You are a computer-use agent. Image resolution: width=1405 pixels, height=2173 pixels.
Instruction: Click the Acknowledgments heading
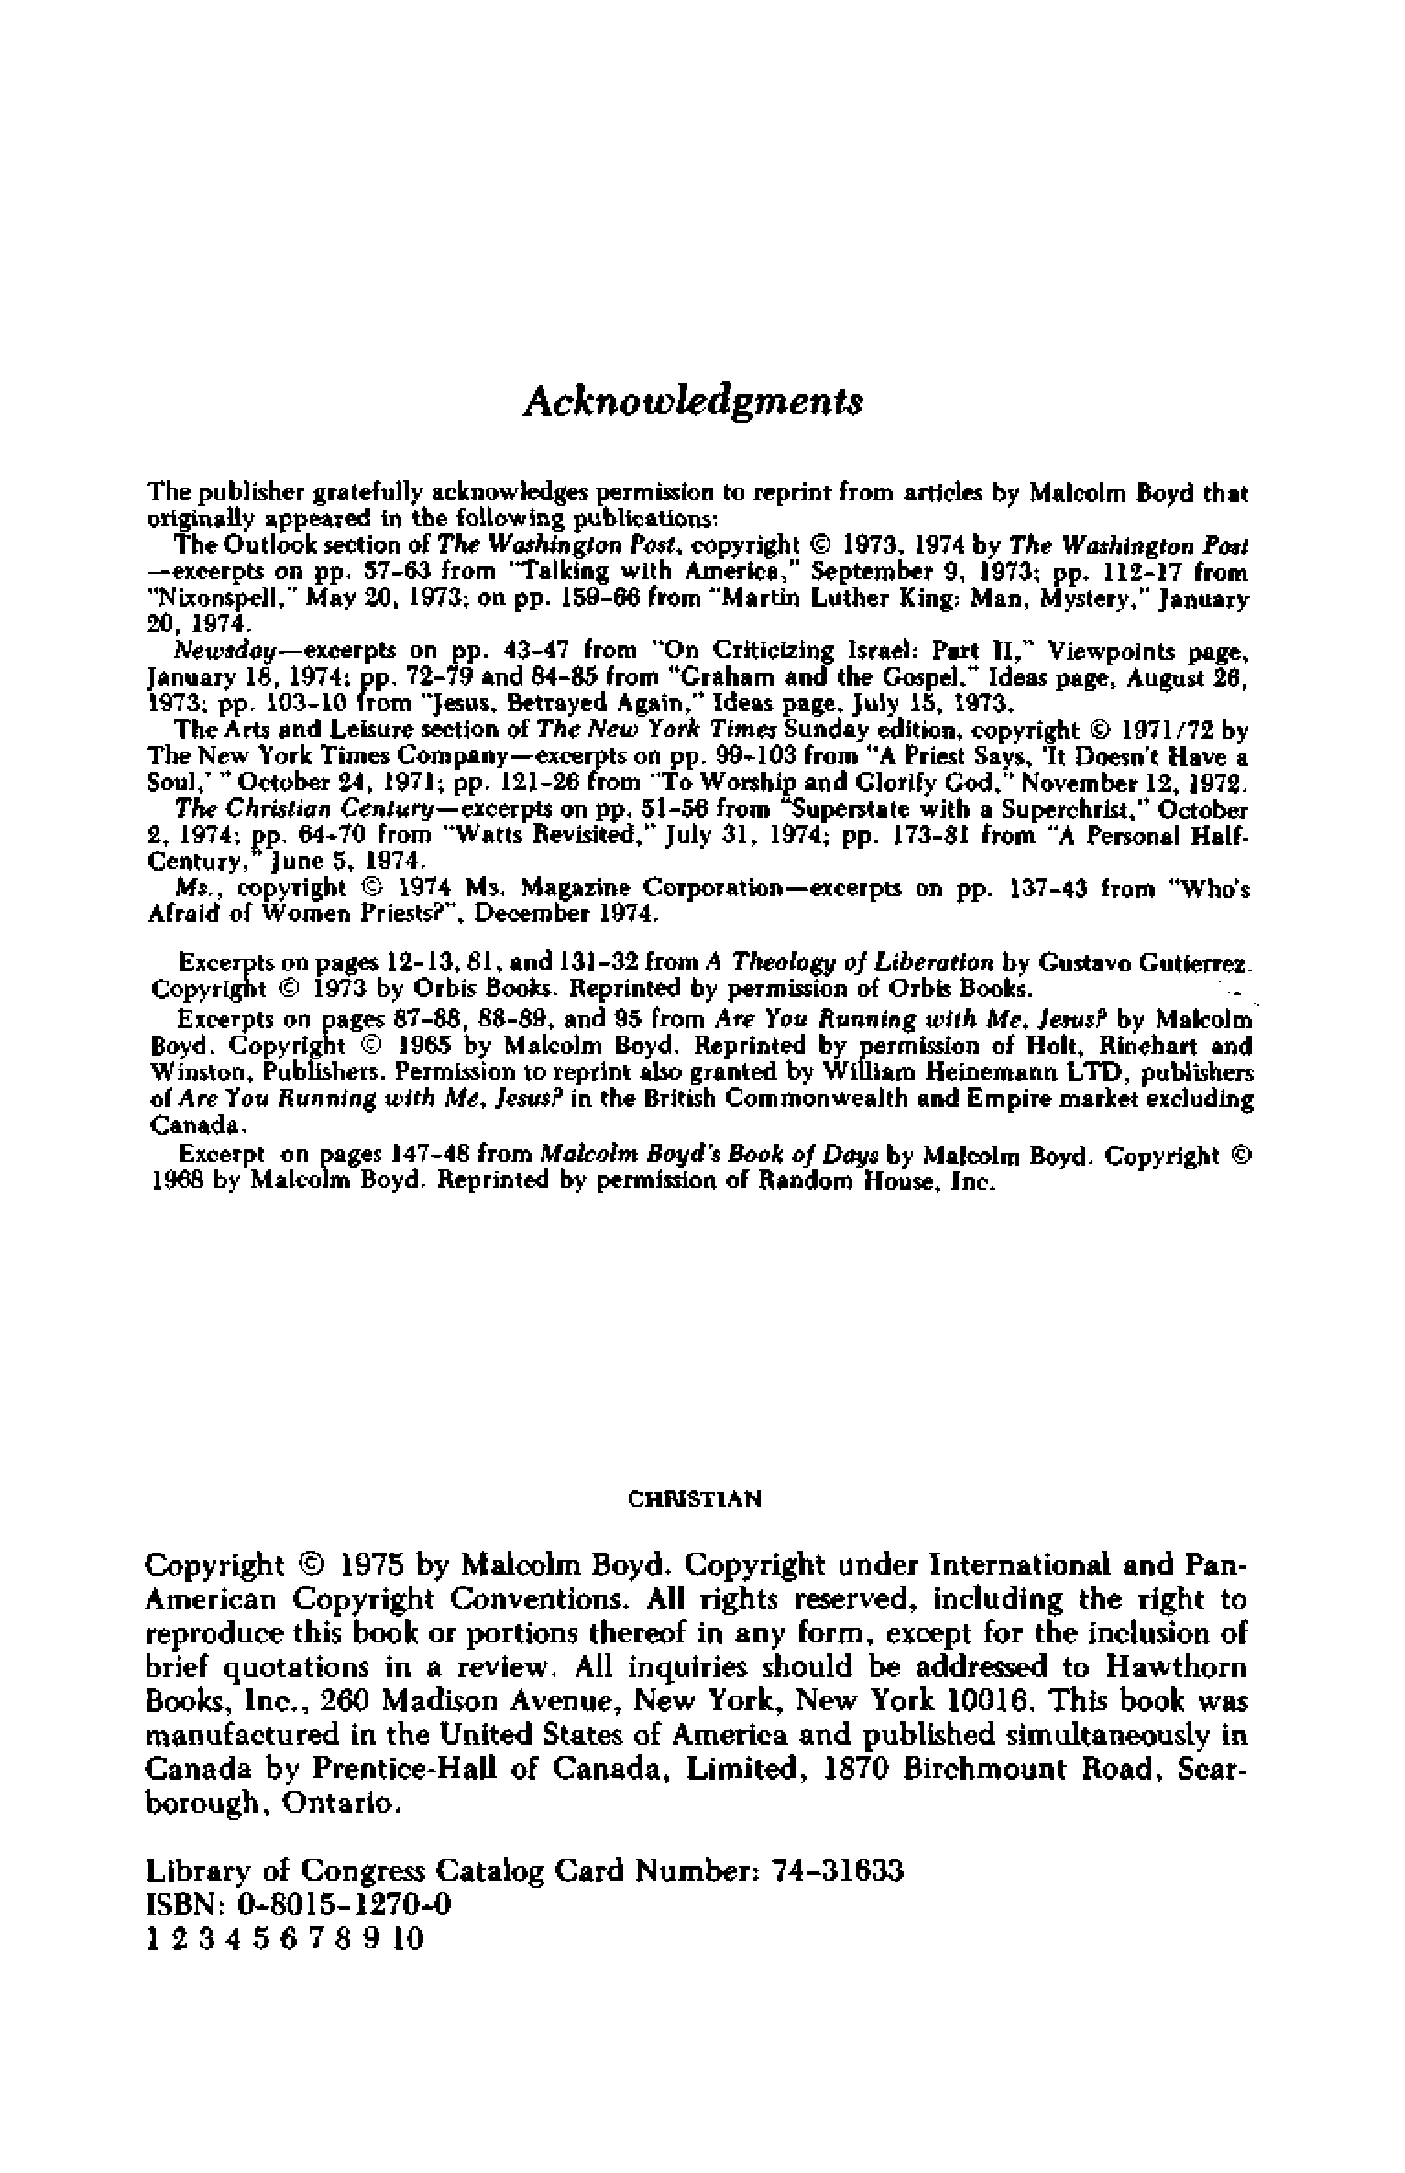(693, 401)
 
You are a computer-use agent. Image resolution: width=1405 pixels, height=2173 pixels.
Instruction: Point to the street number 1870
(857, 1768)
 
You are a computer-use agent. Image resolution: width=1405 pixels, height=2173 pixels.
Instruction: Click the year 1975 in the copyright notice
(370, 1563)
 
